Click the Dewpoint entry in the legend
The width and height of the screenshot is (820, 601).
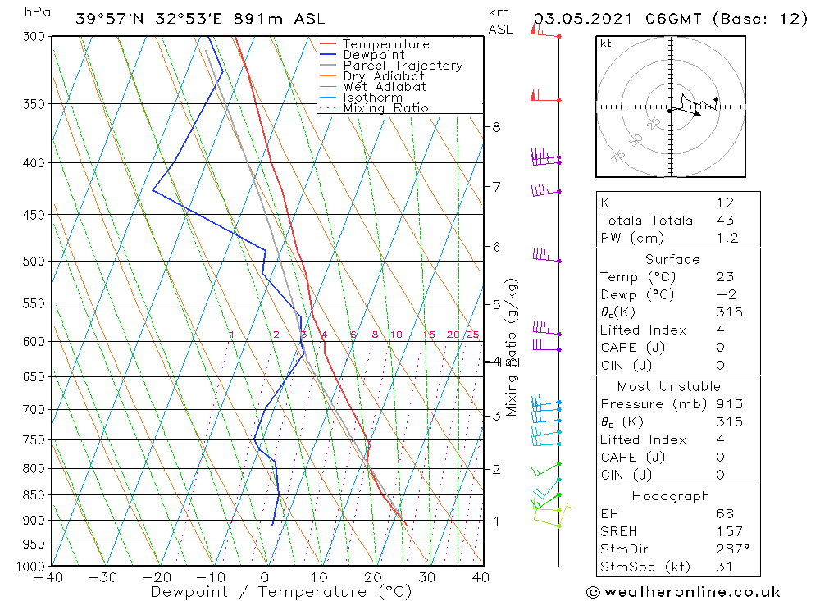373,55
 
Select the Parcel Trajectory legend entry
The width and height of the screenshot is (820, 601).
403,66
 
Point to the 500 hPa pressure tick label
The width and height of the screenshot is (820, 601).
34,262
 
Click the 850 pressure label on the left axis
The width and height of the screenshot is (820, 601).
34,495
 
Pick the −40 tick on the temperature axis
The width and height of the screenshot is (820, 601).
50,577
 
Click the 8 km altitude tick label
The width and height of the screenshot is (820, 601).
496,127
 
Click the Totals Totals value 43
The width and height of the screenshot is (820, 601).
725,221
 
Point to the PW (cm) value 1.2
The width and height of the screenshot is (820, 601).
727,238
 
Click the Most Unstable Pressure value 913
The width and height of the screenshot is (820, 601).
729,404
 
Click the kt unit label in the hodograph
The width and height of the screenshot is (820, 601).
605,43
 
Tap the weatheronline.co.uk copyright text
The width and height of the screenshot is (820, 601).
683,592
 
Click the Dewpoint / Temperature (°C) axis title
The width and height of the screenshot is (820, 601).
281,592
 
